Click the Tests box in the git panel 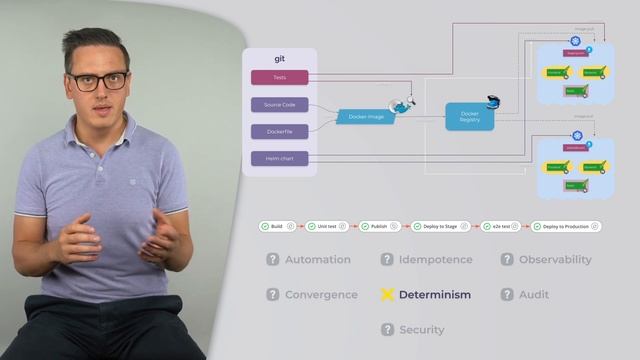279,77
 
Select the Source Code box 279,104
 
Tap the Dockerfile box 279,131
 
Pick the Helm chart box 279,158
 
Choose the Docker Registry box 470,117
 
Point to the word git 280,59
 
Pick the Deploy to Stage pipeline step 437,227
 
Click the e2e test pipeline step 500,227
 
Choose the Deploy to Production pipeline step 566,227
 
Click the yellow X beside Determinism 387,295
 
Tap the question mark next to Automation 272,260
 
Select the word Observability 555,260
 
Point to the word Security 421,330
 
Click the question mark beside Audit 507,295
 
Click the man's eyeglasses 97,80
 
